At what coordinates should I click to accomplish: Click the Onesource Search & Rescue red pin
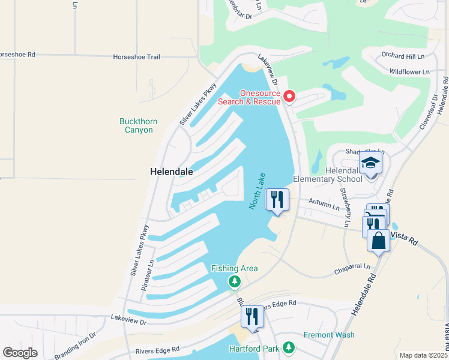click(289, 96)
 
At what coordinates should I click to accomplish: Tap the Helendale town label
click(172, 172)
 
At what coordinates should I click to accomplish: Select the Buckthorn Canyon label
click(138, 125)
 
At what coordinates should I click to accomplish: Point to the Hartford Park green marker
click(289, 347)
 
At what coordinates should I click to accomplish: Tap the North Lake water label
click(258, 191)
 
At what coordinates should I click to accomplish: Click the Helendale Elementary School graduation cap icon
click(370, 163)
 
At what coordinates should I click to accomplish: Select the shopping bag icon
click(379, 241)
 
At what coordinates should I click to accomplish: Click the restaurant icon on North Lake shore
click(277, 199)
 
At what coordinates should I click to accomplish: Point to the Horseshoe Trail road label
click(137, 57)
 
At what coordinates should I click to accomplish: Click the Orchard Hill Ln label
click(403, 56)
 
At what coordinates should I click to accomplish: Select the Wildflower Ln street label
click(409, 72)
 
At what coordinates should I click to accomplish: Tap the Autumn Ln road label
click(324, 204)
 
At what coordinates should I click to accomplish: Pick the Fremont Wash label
click(329, 335)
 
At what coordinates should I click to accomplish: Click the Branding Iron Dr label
click(76, 346)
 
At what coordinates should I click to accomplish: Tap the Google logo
click(20, 353)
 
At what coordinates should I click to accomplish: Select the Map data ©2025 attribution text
click(423, 355)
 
